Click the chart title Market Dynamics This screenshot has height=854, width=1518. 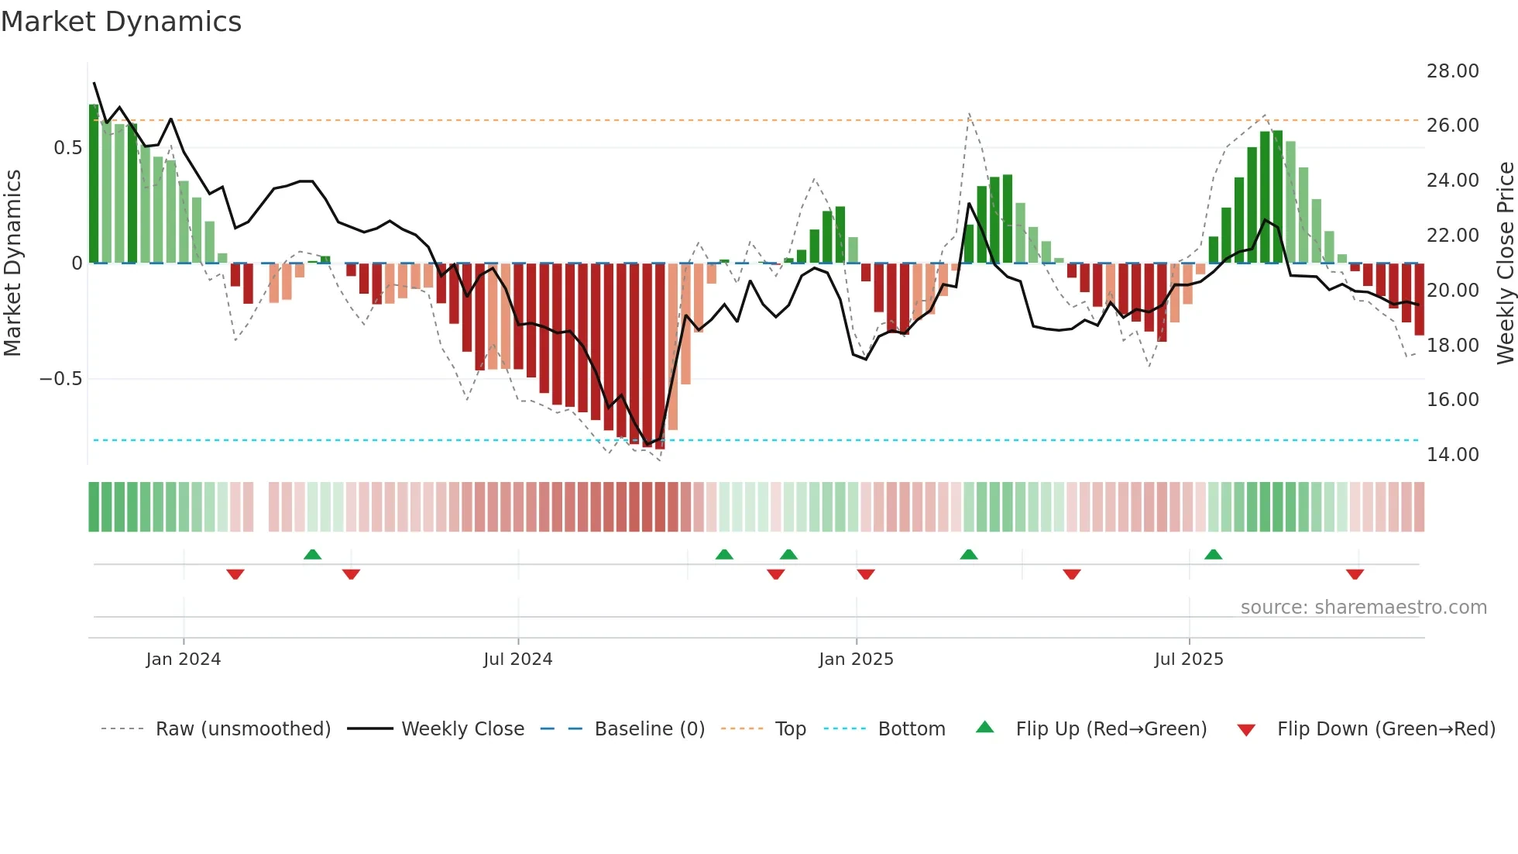122,22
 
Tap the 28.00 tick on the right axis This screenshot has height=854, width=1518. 1452,71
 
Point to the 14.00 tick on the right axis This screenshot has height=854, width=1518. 1452,454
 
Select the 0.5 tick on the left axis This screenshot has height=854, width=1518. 67,147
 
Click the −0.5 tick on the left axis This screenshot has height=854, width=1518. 60,378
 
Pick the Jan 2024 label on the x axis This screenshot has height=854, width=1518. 184,659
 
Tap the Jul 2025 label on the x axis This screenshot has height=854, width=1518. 1188,659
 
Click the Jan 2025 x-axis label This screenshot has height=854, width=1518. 856,659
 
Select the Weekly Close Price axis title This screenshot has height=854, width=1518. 1505,263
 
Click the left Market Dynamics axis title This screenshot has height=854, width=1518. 12,263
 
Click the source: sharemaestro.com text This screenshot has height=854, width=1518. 1363,607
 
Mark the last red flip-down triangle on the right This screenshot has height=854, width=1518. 1355,574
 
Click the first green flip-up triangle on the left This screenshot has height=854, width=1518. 312,554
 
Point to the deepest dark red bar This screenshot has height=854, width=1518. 660,356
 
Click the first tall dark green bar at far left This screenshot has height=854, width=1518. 94,184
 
